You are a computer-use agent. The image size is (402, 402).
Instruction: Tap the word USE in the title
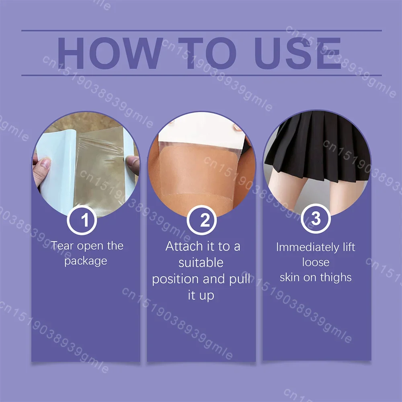(297, 53)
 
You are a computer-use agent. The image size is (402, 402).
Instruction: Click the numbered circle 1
(82, 220)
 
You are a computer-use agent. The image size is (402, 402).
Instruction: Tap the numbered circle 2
(201, 220)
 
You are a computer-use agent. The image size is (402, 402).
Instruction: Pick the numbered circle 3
(316, 219)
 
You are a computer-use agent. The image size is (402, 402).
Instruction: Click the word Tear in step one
(62, 246)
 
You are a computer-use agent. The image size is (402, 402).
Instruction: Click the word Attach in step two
(184, 246)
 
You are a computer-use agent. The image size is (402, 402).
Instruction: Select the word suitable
(201, 263)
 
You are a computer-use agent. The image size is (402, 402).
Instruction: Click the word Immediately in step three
(308, 248)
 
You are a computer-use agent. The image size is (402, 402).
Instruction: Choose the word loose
(316, 262)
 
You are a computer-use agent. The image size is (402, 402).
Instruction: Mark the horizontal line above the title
(201, 31)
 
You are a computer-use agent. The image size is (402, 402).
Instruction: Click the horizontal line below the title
(201, 76)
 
